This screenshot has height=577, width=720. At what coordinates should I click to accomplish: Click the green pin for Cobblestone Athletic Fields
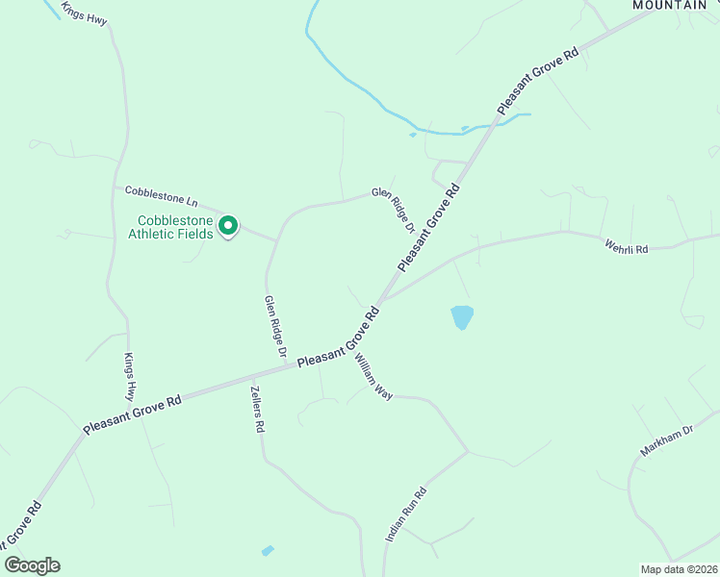[228, 226]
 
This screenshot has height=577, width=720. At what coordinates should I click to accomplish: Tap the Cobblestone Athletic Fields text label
[173, 226]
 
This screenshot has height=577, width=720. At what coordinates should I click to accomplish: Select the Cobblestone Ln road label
[162, 196]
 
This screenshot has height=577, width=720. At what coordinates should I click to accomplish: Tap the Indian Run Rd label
[405, 513]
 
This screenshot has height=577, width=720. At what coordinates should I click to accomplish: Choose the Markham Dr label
[666, 440]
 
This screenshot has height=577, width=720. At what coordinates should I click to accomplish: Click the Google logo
[32, 565]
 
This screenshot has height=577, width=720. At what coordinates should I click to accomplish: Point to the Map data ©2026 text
[679, 569]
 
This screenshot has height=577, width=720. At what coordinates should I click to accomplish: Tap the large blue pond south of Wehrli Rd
[462, 316]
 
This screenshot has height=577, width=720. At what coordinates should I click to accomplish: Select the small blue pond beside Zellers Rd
[268, 551]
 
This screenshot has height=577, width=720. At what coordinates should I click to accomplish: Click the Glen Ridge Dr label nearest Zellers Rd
[276, 328]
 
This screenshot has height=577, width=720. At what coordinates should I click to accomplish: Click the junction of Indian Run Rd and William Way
[468, 452]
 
